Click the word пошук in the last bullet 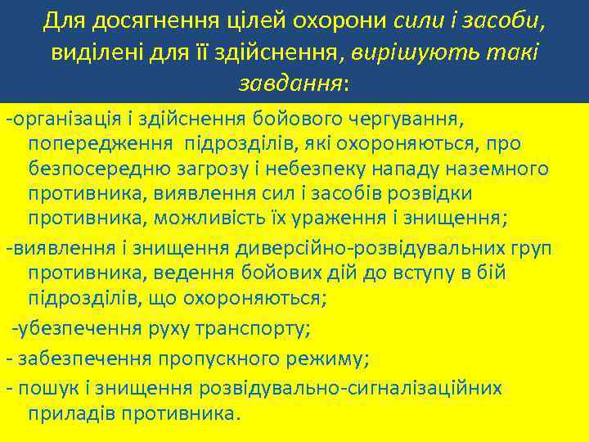(43, 388)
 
